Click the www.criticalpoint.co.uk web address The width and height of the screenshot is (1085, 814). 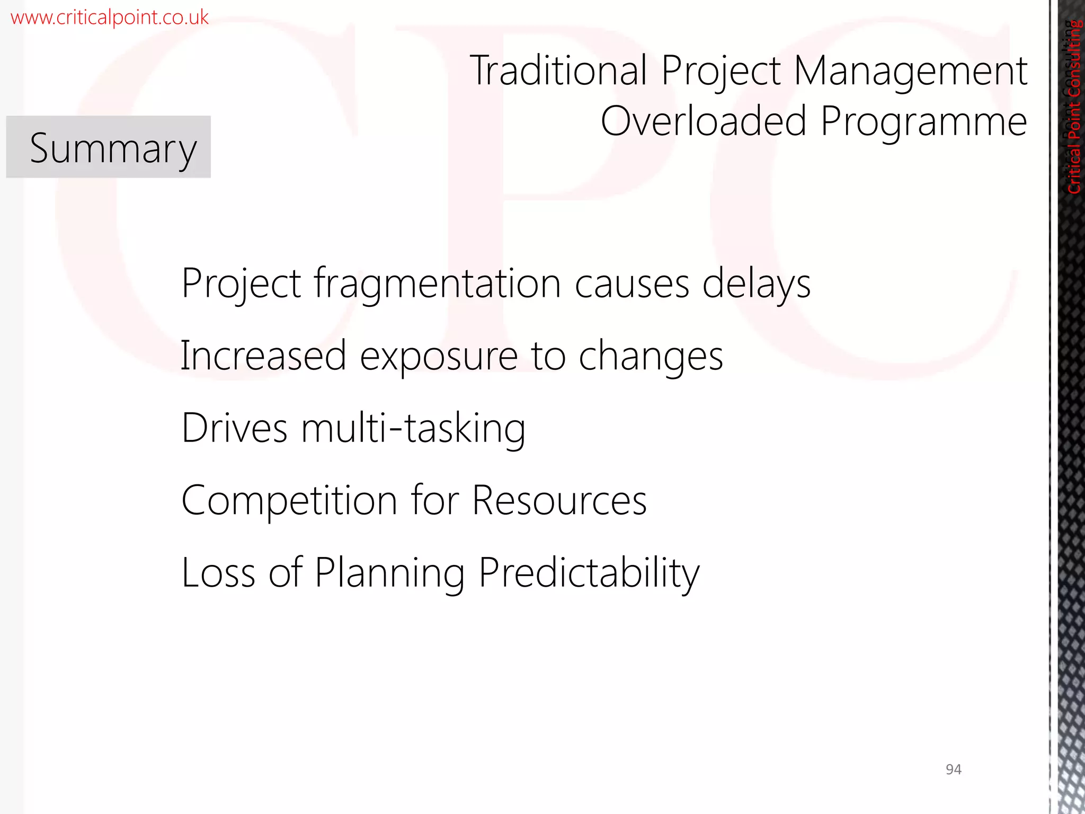pos(110,17)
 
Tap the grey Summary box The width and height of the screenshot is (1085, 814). pos(109,147)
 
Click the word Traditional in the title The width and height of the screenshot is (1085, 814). pos(558,70)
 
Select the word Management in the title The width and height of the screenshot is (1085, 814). pos(910,72)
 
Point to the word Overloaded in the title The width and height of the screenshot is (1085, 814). pos(704,121)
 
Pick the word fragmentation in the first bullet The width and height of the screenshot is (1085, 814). pos(437,284)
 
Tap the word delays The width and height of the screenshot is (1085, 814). pos(756,284)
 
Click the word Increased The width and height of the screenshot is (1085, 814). pos(263,356)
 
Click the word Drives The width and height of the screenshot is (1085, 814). pos(234,428)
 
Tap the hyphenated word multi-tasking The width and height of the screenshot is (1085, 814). pos(413,429)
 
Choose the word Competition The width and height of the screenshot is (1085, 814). pos(289,500)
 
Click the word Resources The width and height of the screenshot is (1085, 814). pos(559,500)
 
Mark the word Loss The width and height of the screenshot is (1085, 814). pos(218,573)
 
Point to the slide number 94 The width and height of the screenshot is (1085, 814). pos(953,769)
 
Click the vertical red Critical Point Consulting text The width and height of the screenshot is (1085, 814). pos(1074,106)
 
